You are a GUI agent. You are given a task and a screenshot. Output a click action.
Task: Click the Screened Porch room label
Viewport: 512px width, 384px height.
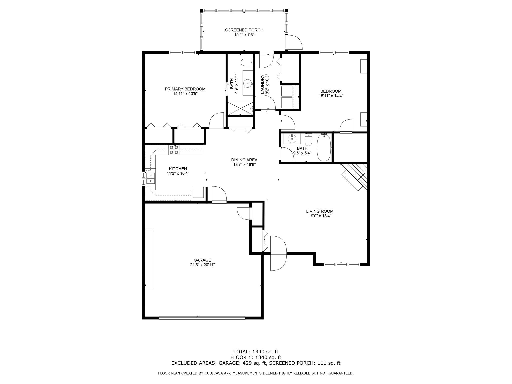coord(244,30)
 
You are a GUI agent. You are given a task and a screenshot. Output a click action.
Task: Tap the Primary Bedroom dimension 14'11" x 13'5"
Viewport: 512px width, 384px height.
coord(185,94)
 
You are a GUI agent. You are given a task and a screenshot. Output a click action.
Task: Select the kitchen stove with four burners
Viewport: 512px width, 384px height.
coord(174,150)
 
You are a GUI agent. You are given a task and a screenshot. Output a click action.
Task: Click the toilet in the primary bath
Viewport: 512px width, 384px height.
coord(247,62)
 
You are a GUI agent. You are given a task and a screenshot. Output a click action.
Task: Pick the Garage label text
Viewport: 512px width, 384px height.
coord(202,260)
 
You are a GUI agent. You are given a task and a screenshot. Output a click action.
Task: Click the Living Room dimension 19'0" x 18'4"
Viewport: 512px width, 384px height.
coord(320,216)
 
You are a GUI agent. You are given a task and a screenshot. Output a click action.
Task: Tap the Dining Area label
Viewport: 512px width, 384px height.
coord(244,160)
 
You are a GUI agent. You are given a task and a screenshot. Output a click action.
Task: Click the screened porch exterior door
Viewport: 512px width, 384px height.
coord(295,42)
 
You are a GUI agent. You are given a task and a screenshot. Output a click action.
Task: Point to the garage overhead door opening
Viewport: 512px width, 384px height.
coord(202,318)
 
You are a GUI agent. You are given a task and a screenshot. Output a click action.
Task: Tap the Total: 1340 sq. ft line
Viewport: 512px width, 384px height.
coord(256,352)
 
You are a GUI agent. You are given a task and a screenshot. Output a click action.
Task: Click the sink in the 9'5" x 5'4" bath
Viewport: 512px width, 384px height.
coord(292,139)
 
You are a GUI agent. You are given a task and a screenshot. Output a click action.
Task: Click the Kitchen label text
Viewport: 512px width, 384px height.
coord(178,169)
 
